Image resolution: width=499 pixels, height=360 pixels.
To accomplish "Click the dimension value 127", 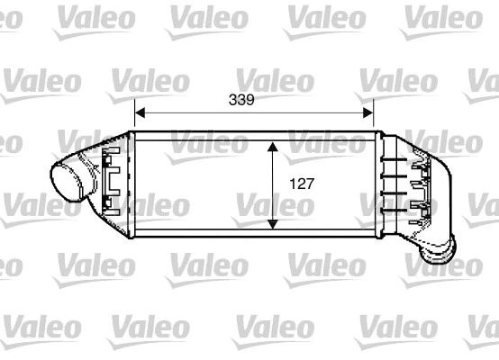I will point(301,184).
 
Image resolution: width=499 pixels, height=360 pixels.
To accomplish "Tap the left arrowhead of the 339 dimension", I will point(140,113).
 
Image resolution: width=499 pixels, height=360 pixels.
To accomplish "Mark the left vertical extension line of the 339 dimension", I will point(134,117).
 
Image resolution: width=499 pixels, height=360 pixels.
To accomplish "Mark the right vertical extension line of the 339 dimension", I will point(374,117).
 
